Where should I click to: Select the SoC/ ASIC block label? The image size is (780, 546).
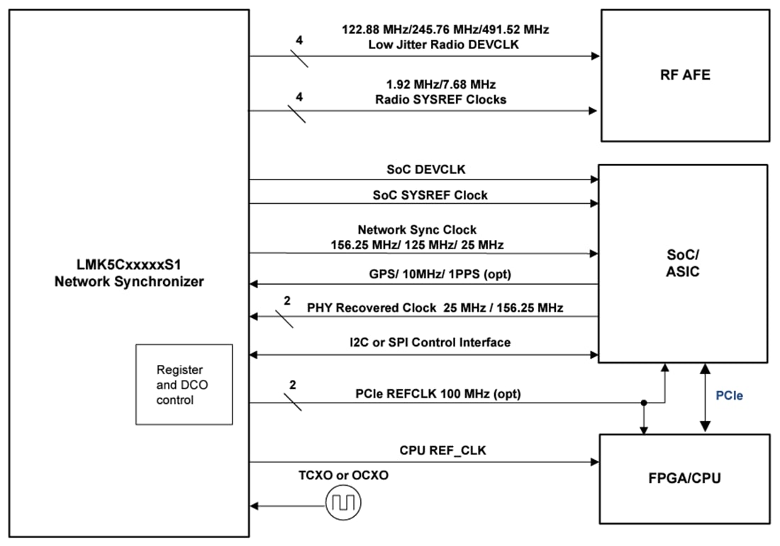[x=684, y=263]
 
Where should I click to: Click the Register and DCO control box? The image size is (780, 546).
[x=184, y=384]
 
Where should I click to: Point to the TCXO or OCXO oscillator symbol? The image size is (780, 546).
[x=343, y=506]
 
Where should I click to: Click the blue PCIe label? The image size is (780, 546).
[x=729, y=395]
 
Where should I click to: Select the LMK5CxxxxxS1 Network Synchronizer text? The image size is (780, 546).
[x=129, y=273]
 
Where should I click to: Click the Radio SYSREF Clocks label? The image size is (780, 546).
[x=440, y=99]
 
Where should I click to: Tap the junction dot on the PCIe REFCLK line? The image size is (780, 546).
[x=644, y=403]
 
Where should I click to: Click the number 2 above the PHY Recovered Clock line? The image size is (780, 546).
[x=287, y=300]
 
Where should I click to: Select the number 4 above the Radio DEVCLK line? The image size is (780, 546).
[x=299, y=41]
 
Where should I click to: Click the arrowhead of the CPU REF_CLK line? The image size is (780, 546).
[x=594, y=462]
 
